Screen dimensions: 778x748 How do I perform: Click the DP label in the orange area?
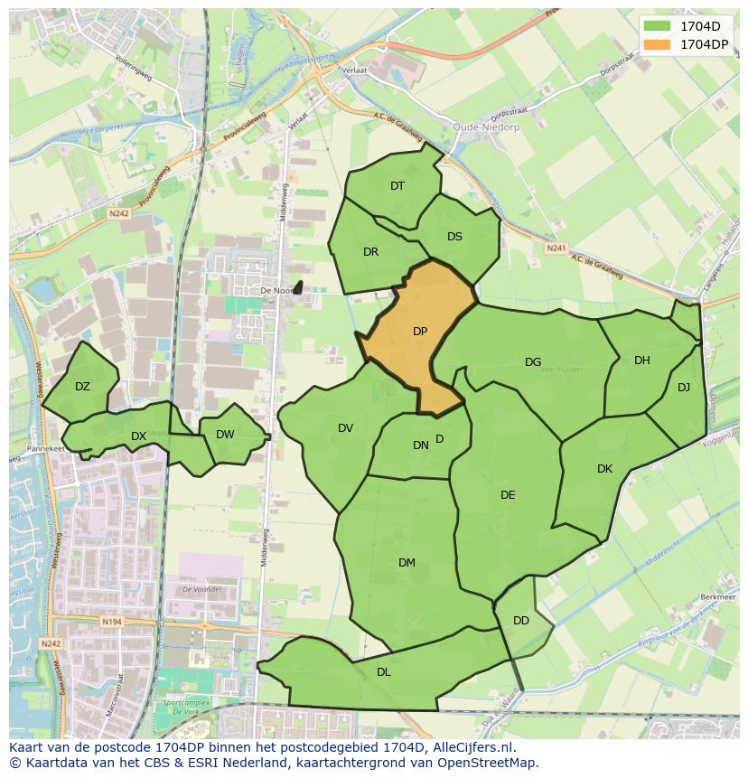click(420, 332)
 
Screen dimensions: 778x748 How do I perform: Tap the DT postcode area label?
click(397, 186)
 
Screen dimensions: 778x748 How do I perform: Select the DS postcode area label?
click(454, 237)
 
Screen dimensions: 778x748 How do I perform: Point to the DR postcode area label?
click(370, 252)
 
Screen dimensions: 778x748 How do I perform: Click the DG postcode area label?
click(533, 362)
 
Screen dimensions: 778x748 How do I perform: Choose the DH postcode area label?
click(641, 361)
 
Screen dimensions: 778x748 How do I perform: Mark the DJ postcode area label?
click(684, 388)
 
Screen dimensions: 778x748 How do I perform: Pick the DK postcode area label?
click(604, 469)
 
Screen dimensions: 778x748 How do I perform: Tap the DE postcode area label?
click(508, 495)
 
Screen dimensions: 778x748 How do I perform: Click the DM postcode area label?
click(407, 563)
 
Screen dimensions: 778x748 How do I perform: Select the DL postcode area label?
click(384, 671)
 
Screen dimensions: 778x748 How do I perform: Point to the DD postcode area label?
click(521, 621)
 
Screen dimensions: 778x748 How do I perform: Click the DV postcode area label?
click(345, 428)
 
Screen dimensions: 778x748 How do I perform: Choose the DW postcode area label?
click(225, 435)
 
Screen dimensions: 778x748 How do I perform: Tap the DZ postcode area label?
click(82, 387)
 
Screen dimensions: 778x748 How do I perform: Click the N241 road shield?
click(556, 247)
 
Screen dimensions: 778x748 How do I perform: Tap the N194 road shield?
click(111, 621)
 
